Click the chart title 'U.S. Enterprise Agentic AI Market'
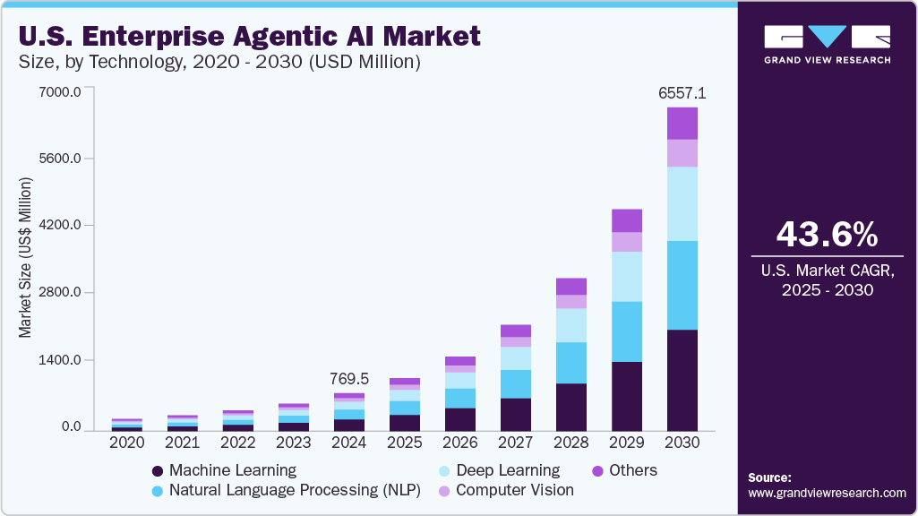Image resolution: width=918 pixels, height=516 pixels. pyautogui.click(x=249, y=36)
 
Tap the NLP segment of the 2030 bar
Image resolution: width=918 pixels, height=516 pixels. pyautogui.click(x=682, y=285)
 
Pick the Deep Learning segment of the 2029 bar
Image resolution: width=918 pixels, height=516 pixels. pyautogui.click(x=627, y=276)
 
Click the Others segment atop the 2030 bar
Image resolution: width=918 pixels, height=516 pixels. pyautogui.click(x=682, y=123)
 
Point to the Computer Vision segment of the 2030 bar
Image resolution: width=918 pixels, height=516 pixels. pyautogui.click(x=682, y=152)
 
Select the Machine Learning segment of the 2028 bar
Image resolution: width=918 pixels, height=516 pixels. pyautogui.click(x=571, y=407)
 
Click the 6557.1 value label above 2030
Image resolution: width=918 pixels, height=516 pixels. pyautogui.click(x=682, y=92)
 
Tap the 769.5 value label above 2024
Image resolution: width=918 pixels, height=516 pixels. pyautogui.click(x=349, y=378)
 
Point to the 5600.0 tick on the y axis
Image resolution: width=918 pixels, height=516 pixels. pyautogui.click(x=59, y=159)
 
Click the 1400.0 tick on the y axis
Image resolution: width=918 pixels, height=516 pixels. pyautogui.click(x=59, y=360)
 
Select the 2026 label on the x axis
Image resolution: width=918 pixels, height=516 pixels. pyautogui.click(x=460, y=443)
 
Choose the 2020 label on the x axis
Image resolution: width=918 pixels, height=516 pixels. pyautogui.click(x=126, y=443)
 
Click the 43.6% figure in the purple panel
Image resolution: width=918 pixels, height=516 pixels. pyautogui.click(x=827, y=235)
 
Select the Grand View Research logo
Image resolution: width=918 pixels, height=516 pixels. pyautogui.click(x=827, y=44)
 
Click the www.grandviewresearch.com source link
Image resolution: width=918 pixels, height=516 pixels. pyautogui.click(x=827, y=493)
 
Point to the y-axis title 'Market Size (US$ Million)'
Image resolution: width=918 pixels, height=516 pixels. pyautogui.click(x=25, y=258)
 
